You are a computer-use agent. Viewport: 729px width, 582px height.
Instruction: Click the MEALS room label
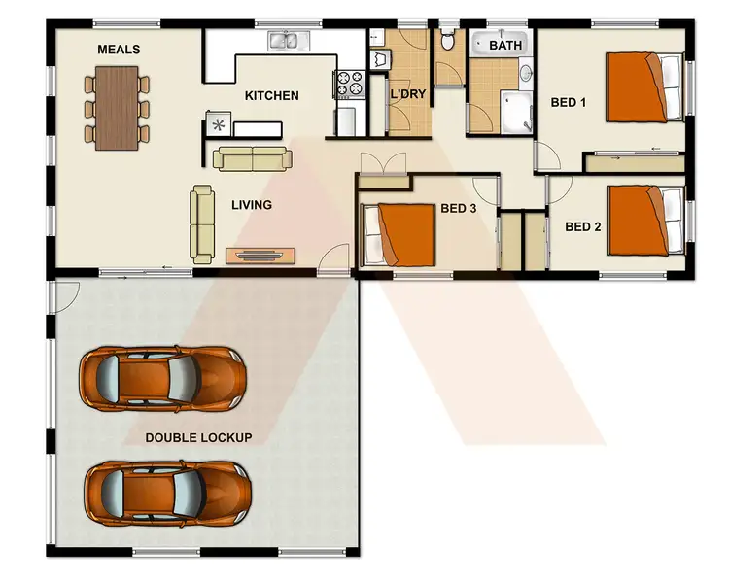[119, 50]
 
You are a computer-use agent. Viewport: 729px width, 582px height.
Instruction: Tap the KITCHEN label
[271, 95]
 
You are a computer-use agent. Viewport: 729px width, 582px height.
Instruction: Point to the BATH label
[504, 46]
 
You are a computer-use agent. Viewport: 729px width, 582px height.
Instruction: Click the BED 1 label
[569, 102]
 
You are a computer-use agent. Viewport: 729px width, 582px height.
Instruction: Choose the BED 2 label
[583, 227]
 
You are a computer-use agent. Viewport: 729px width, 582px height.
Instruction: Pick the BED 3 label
[459, 207]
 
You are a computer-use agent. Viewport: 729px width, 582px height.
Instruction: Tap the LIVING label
[251, 205]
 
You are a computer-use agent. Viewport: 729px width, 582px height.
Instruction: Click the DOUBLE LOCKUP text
[198, 437]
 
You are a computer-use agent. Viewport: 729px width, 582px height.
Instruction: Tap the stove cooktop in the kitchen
[349, 84]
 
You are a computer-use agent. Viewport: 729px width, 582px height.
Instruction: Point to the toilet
[448, 40]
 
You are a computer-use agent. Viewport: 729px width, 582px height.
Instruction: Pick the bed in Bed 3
[399, 234]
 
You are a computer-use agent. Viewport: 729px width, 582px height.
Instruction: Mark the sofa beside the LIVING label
[202, 223]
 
